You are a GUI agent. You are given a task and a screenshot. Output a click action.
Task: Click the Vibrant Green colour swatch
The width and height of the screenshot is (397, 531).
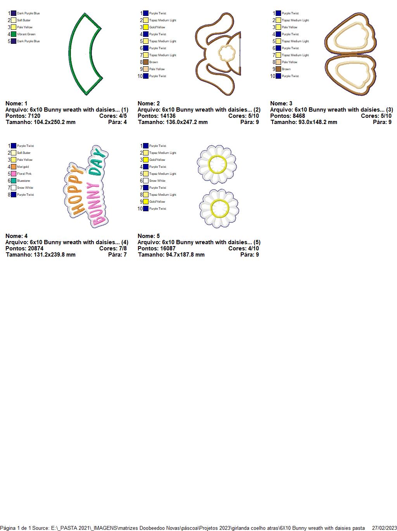pyautogui.click(x=14, y=34)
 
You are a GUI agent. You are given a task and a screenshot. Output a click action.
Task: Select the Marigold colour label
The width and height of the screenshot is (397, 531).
pyautogui.click(x=23, y=167)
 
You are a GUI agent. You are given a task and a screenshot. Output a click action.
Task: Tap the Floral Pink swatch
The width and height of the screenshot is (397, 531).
pyautogui.click(x=14, y=174)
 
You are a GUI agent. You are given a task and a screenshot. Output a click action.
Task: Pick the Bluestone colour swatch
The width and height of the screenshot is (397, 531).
pyautogui.click(x=14, y=181)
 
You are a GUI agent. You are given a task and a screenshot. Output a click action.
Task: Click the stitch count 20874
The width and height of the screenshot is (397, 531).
pyautogui.click(x=35, y=248)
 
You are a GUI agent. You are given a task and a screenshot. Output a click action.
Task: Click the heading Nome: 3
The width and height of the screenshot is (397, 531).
pyautogui.click(x=281, y=103)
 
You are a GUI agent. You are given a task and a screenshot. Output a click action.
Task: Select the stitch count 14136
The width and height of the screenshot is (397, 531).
pyautogui.click(x=167, y=116)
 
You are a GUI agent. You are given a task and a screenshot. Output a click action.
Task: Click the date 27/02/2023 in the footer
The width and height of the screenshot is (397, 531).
pyautogui.click(x=384, y=528)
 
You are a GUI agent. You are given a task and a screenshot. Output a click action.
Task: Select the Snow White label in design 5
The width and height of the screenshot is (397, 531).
pyautogui.click(x=157, y=181)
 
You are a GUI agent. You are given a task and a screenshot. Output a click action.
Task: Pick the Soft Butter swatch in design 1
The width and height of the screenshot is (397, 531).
pyautogui.click(x=14, y=20)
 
